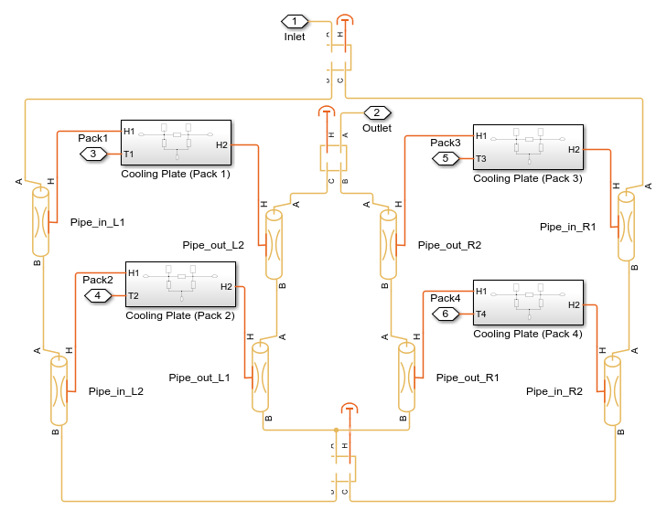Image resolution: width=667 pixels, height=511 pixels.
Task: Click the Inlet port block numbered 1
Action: coord(295,21)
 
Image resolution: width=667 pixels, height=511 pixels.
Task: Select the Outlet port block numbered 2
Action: coord(376,112)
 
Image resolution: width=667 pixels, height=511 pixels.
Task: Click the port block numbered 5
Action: coord(446,158)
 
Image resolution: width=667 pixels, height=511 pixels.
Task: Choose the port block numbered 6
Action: coord(446,314)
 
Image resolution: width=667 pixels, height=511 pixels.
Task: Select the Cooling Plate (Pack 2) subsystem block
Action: coord(180,285)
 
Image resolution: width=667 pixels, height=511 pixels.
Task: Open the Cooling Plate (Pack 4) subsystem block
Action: coord(527,303)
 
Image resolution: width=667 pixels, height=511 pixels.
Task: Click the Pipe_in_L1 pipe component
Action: coord(39,221)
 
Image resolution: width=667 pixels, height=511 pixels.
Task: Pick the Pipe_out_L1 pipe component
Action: coord(261,378)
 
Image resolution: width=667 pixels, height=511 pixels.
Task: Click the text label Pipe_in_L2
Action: coord(116,391)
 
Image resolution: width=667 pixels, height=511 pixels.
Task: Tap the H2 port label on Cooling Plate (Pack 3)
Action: coord(574,149)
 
